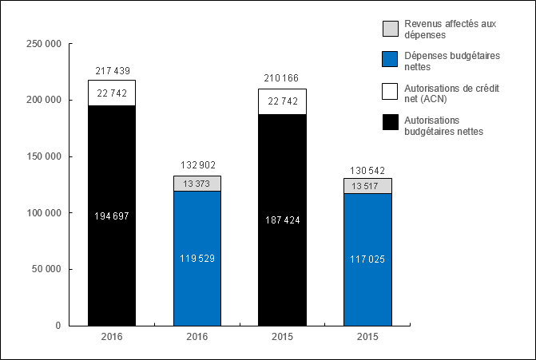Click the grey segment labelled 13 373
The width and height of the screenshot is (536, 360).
click(x=197, y=184)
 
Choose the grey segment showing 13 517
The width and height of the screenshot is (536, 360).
click(x=367, y=185)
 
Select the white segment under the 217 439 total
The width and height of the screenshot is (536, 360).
click(x=112, y=93)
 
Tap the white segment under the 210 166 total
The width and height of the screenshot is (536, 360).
click(x=282, y=101)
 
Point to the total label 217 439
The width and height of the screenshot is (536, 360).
click(x=112, y=72)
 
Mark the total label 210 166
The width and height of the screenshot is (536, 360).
click(x=282, y=78)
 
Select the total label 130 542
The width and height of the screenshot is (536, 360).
click(x=367, y=170)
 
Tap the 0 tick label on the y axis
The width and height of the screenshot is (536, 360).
click(x=58, y=326)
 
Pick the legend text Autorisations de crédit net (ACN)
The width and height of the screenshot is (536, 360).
click(x=451, y=93)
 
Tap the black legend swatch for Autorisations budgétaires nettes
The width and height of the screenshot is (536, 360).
click(x=390, y=121)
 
